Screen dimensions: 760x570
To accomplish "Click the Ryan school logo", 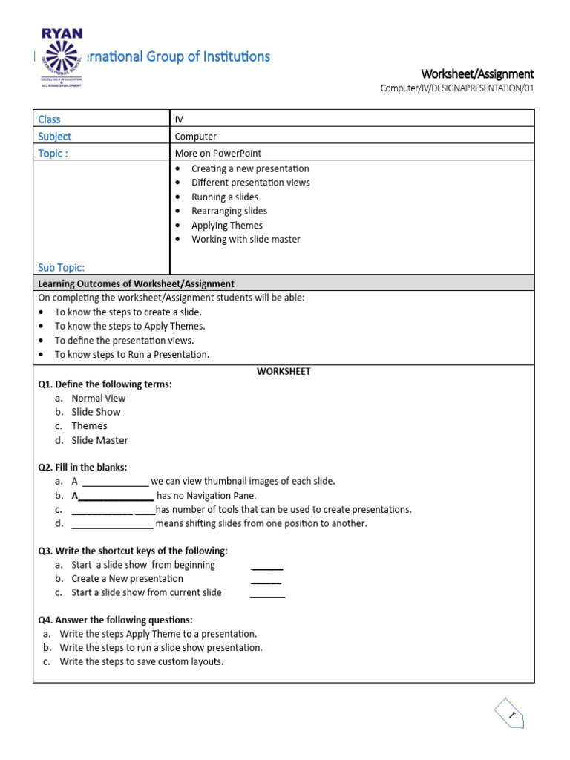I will (x=61, y=58).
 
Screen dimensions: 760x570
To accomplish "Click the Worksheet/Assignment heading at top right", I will (x=477, y=73).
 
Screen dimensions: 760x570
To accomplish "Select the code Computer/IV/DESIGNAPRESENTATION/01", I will (x=457, y=88).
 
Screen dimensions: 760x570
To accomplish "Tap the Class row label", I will (x=49, y=119).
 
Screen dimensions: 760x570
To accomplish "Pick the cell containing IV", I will (x=179, y=119).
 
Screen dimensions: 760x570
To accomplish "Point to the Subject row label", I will (x=55, y=137).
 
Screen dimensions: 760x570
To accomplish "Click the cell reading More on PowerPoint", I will (x=218, y=154).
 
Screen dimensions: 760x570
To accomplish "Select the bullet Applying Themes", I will (x=226, y=226).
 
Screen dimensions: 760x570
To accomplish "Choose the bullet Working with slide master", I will (x=246, y=240).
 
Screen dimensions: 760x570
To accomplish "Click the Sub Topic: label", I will (x=61, y=267).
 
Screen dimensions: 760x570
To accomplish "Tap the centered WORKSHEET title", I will (x=284, y=371).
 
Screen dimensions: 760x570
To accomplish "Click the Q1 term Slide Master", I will (x=99, y=440).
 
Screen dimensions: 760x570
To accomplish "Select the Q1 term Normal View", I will (x=98, y=398).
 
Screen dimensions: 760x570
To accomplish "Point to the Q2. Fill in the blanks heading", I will (x=82, y=467).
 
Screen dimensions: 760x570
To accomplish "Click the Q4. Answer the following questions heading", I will (x=115, y=620).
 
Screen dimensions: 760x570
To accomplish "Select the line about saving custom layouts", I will (x=141, y=661).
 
